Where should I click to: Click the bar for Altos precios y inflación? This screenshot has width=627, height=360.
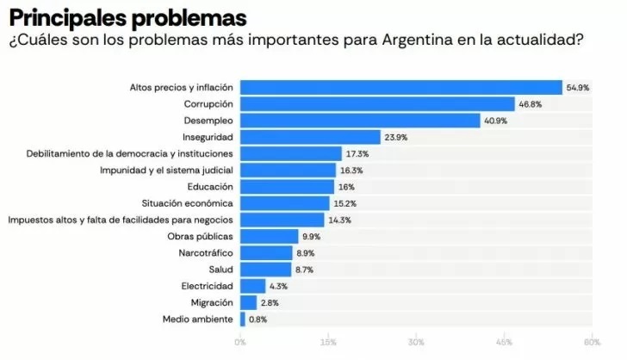tap(400, 87)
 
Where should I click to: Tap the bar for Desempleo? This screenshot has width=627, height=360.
tap(359, 121)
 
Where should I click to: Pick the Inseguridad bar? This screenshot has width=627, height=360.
tap(310, 137)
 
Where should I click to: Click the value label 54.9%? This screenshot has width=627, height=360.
tap(577, 88)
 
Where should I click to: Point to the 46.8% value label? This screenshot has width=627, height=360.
tap(530, 104)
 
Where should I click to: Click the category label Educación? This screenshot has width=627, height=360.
tap(210, 187)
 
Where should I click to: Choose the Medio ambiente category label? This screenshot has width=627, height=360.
tap(197, 320)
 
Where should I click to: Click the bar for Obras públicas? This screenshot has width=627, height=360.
tap(269, 236)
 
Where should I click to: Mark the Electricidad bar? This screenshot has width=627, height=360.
tap(252, 286)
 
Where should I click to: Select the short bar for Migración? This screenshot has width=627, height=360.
tap(248, 302)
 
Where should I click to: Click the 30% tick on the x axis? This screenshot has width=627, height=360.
tap(416, 343)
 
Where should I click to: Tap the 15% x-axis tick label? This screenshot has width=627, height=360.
tap(328, 343)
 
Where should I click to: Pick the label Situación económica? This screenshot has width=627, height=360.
tap(187, 203)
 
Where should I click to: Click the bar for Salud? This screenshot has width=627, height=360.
tap(265, 270)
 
